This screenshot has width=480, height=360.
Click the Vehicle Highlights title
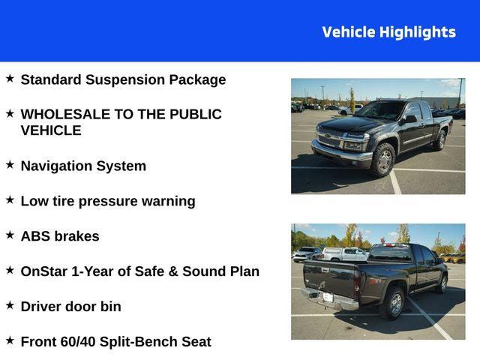[388, 32]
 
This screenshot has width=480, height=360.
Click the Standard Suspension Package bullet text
[123, 79]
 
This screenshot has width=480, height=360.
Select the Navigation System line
[83, 166]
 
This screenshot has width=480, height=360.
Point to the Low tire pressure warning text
[108, 201]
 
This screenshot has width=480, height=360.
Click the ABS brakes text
[60, 236]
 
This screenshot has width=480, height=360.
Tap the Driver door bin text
[70, 307]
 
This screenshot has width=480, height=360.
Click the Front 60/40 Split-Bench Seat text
[115, 342]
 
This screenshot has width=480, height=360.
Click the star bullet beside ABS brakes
[10, 235]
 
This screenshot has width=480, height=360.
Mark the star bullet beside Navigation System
[10, 164]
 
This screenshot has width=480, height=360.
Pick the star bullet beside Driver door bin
[10, 305]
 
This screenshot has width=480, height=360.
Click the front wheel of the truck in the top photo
[383, 160]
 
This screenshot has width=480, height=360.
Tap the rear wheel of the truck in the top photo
[441, 140]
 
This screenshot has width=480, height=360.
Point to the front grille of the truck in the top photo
[330, 140]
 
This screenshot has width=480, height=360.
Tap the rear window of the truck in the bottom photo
[390, 253]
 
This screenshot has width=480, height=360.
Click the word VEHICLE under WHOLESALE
[51, 130]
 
